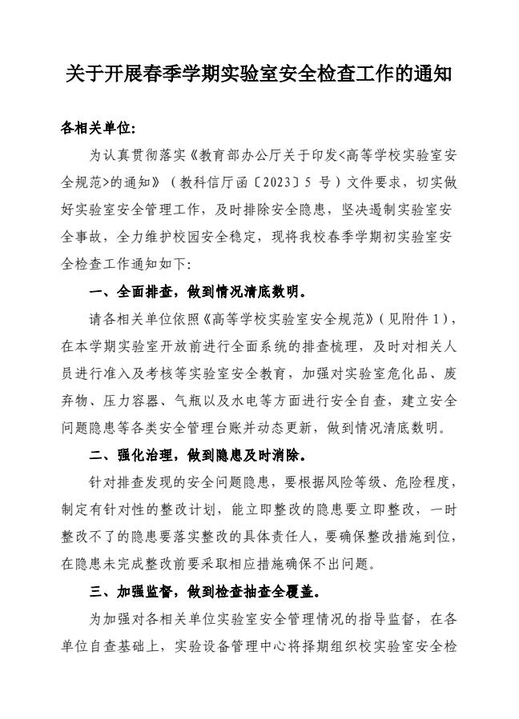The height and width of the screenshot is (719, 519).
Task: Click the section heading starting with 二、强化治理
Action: tap(197, 456)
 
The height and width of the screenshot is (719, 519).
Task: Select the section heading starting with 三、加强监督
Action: tap(205, 593)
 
